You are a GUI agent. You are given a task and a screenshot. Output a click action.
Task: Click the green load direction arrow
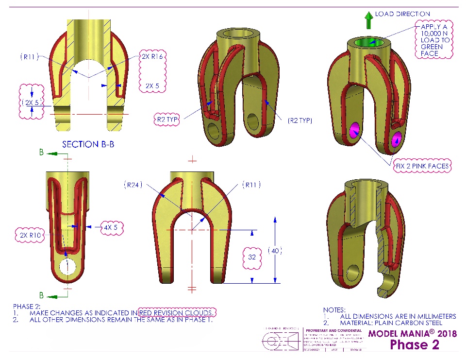(x=369, y=20)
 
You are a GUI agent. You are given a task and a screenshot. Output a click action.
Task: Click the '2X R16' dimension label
(x=152, y=56)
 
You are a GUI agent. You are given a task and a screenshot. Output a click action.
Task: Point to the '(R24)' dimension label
(x=132, y=185)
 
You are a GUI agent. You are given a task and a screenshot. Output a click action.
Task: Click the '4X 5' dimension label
(x=109, y=227)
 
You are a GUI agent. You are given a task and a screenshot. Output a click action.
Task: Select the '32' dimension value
(x=252, y=257)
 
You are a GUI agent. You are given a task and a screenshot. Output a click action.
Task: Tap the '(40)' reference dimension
(x=275, y=251)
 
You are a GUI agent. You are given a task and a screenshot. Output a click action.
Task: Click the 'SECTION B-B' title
(x=88, y=144)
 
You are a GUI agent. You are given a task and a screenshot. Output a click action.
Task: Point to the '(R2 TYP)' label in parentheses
(x=299, y=120)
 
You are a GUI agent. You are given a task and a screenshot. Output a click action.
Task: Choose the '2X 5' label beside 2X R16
(x=152, y=86)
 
